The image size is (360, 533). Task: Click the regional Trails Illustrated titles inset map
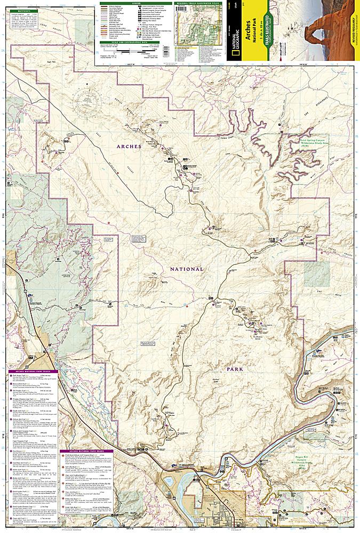point(199,27)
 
